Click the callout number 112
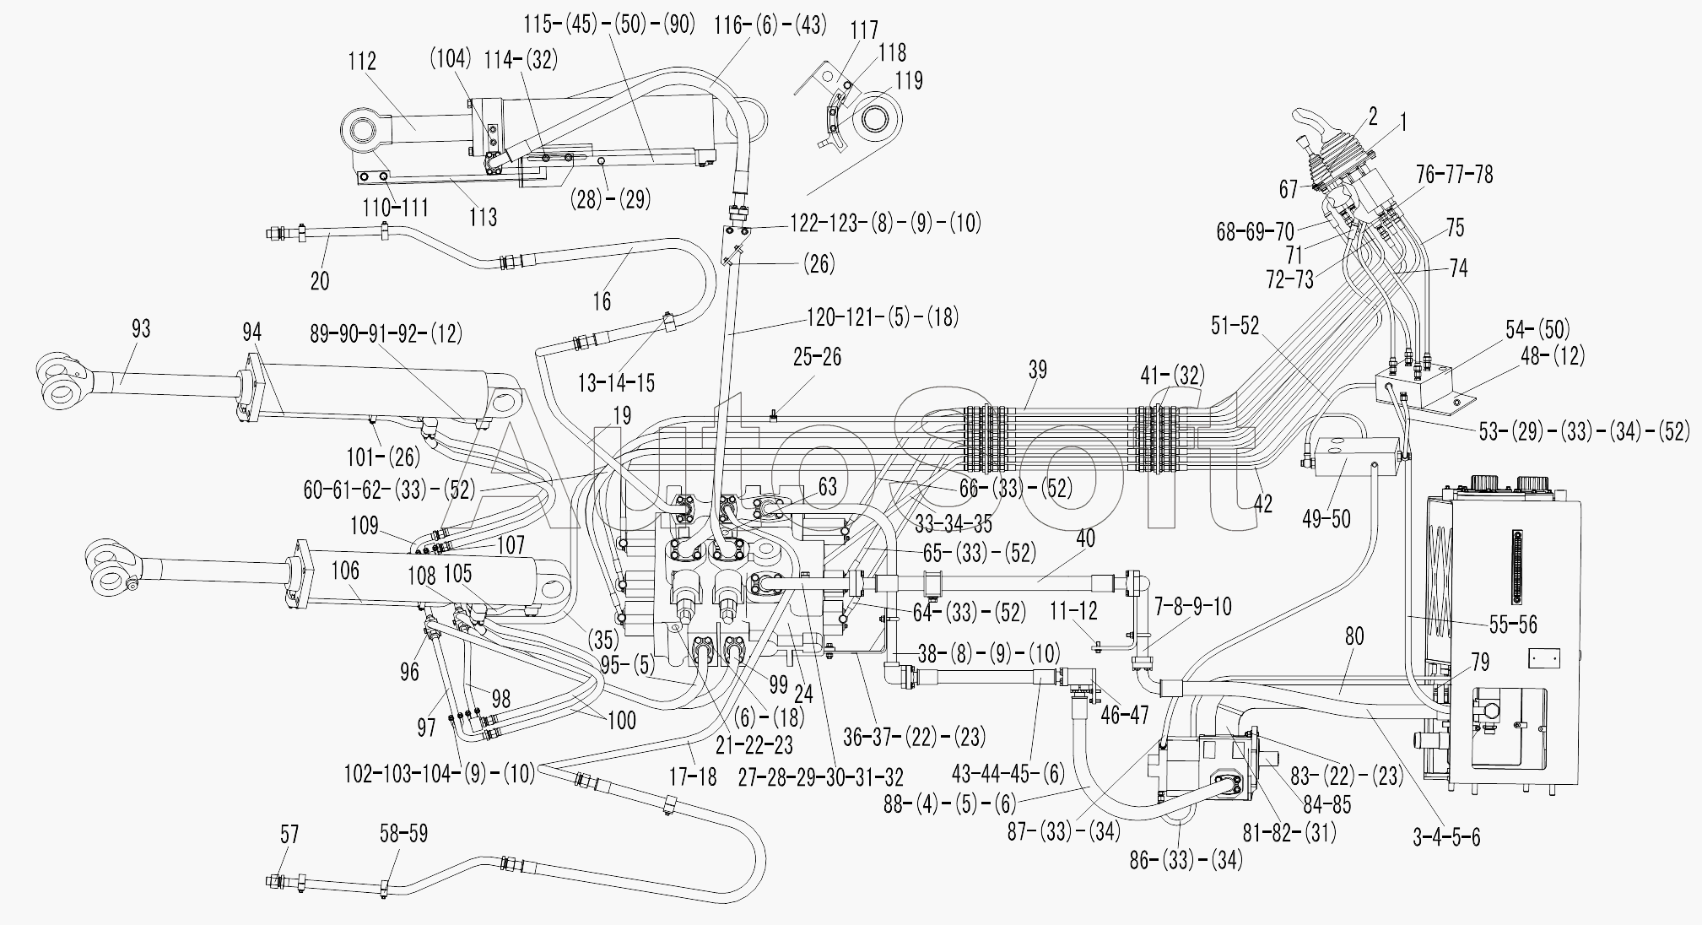[361, 62]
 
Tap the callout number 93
[141, 328]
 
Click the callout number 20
[320, 280]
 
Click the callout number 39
[1037, 370]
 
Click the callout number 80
[1353, 636]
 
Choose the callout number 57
[289, 835]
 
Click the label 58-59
[403, 835]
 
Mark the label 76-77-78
[1454, 175]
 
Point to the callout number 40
[1085, 538]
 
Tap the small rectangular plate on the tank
[1544, 658]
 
